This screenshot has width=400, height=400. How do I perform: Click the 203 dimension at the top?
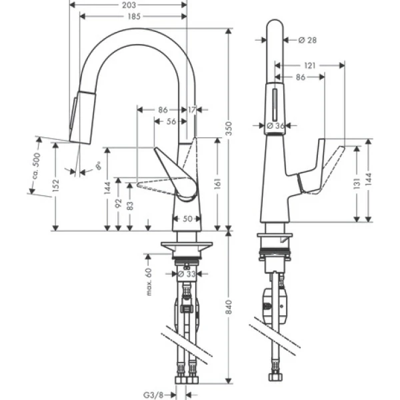[128, 5]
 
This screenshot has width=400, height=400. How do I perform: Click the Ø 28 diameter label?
[307, 40]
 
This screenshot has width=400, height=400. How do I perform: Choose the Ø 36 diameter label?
[275, 125]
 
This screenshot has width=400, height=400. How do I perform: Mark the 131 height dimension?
[359, 181]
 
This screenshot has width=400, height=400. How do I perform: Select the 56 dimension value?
[171, 121]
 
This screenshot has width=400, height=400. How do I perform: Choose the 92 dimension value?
[119, 203]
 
